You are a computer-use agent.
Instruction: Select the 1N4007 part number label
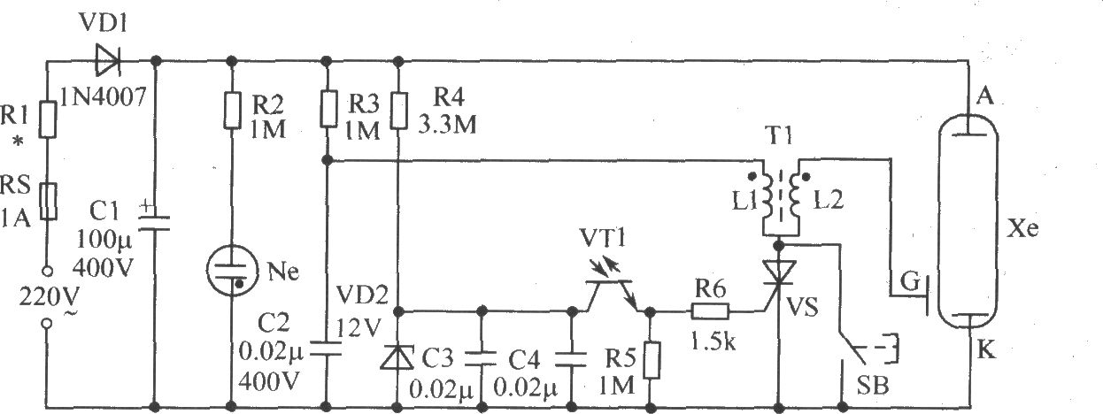point(103,96)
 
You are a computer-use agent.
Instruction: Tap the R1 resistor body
point(48,119)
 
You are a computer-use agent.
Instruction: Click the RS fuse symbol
point(48,201)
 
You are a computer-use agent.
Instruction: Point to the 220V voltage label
point(50,297)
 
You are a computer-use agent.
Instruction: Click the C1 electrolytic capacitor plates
point(154,222)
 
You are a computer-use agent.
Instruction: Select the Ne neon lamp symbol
point(232,271)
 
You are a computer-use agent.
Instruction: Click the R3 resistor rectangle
point(328,109)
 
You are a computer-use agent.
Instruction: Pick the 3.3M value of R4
point(447,124)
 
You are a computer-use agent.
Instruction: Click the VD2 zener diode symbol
point(397,356)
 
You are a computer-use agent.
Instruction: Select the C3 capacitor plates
point(481,359)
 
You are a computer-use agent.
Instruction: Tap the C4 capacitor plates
point(571,359)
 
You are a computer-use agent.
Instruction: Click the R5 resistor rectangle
point(652,360)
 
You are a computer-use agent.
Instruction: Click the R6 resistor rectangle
point(710,311)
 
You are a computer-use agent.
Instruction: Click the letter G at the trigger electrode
point(910,282)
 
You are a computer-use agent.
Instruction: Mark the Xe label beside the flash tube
point(1022,228)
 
